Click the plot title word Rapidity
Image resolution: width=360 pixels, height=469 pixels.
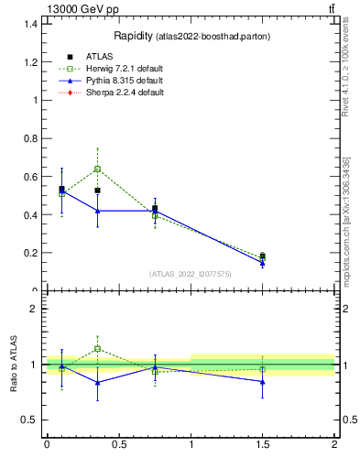tap(133, 36)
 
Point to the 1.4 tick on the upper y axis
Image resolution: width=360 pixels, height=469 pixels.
tap(31, 23)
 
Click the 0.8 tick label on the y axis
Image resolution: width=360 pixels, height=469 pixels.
tap(31, 138)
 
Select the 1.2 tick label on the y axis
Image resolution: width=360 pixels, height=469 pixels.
tap(31, 61)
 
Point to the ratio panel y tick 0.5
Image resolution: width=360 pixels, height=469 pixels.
tap(30, 420)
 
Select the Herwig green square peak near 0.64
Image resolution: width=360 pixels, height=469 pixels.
tap(97, 169)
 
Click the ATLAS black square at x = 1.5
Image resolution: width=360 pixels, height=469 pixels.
tap(263, 256)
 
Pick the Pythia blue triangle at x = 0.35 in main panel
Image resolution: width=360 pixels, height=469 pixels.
tap(97, 211)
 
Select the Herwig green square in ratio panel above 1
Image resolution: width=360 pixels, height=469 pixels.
tap(97, 348)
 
